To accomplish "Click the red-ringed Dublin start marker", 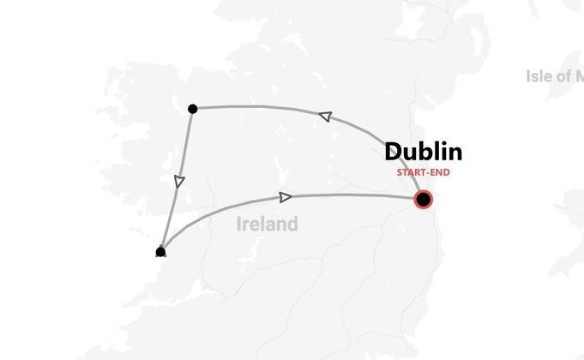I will click(x=423, y=200).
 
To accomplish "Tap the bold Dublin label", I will click(x=423, y=153).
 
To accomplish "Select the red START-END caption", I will click(x=423, y=172).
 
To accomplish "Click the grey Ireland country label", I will click(x=268, y=225).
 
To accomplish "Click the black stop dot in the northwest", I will click(x=193, y=109).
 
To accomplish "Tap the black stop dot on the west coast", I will click(x=160, y=251).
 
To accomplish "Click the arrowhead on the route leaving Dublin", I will click(x=324, y=116).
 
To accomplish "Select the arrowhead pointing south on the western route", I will click(x=178, y=181).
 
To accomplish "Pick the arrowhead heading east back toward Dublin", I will click(x=286, y=197).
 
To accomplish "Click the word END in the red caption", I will click(x=441, y=172).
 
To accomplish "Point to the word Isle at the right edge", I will click(x=539, y=76).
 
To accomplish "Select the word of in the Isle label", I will click(x=560, y=76).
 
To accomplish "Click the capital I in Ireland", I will click(x=239, y=225).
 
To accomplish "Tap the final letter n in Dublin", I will click(x=455, y=153).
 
